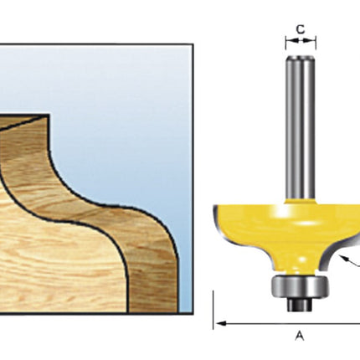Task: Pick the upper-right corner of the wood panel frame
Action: (193, 45)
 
